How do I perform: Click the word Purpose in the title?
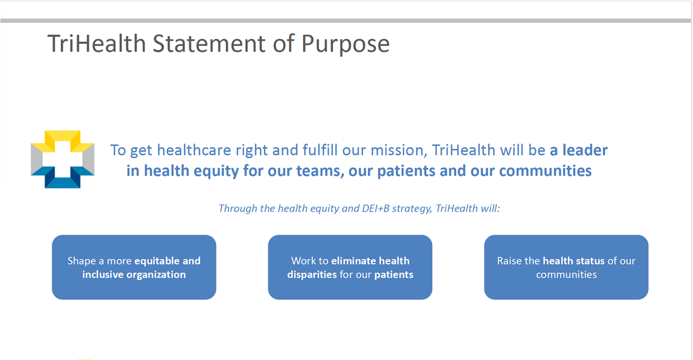(x=345, y=44)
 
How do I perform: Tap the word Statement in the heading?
(x=209, y=43)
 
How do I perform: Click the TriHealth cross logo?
(x=62, y=159)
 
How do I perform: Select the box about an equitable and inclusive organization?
(x=134, y=267)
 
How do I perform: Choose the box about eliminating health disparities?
(x=350, y=267)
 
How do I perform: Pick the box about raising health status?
(x=566, y=267)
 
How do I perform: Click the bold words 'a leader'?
(x=579, y=150)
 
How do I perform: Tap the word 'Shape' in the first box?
(x=82, y=261)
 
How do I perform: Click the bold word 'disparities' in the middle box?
(x=312, y=275)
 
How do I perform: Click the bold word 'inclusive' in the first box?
(x=103, y=274)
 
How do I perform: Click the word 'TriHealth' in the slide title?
(x=96, y=43)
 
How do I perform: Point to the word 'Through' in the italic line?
(x=238, y=209)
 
